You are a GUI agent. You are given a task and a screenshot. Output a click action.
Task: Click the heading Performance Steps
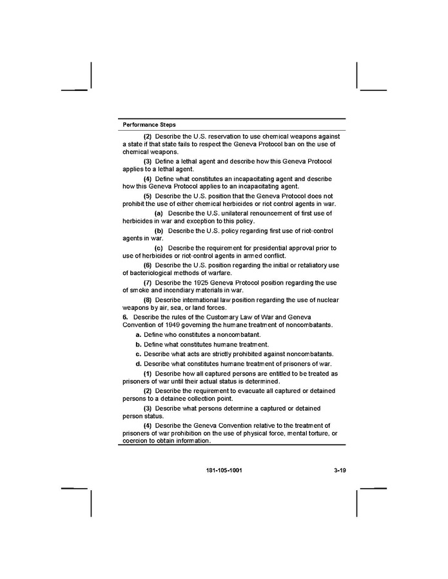click(149, 124)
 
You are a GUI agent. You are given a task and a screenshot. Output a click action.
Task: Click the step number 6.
click(125, 318)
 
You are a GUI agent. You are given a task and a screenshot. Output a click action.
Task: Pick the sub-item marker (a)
click(159, 213)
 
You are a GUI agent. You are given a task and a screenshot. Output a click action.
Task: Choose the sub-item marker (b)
click(159, 231)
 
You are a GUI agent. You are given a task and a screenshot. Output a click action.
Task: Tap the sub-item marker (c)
click(159, 248)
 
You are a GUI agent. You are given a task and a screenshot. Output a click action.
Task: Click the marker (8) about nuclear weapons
click(148, 300)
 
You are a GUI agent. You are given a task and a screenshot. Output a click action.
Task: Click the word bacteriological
click(150, 272)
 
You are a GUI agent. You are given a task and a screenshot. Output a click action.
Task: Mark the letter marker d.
click(139, 364)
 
